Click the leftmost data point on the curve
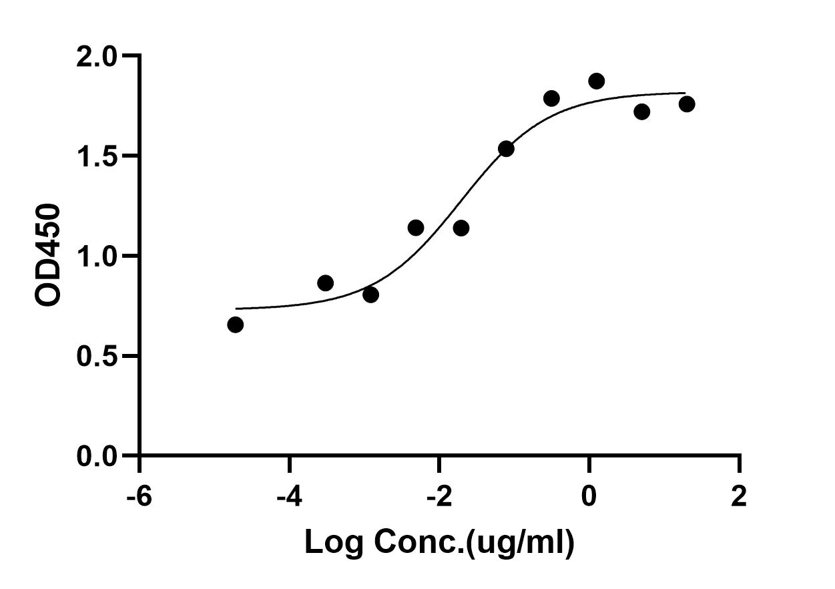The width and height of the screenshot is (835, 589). coord(235,325)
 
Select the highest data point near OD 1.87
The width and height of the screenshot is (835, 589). coord(597,81)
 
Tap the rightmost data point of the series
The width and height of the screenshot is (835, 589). coord(687,104)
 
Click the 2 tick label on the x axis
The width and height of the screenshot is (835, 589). coord(739,497)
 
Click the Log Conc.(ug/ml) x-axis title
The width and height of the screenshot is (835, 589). coord(439,544)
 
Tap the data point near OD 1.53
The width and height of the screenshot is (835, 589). coord(506,149)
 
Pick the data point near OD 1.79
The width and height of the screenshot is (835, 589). coord(551,99)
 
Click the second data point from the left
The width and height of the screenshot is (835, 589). coord(325,283)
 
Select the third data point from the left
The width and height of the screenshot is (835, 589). coord(370,294)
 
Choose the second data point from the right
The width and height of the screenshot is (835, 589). coord(641,112)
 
